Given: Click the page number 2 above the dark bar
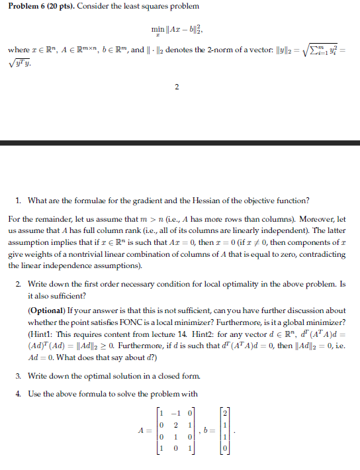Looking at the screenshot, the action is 177,103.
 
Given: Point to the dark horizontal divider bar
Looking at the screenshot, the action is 180,143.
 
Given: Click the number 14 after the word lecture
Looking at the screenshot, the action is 206,330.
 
